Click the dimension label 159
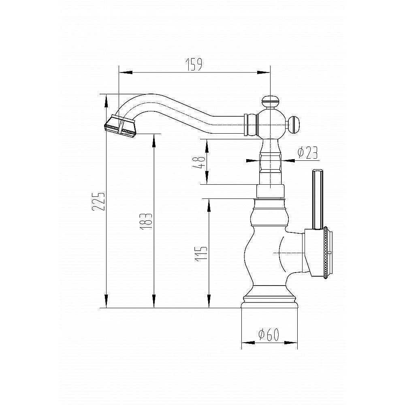coord(194,64)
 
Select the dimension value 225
coord(98,201)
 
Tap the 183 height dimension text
coord(146,222)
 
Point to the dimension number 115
coord(201,254)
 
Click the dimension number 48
coord(199,162)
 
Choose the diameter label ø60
coord(269,335)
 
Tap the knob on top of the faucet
coord(270,102)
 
